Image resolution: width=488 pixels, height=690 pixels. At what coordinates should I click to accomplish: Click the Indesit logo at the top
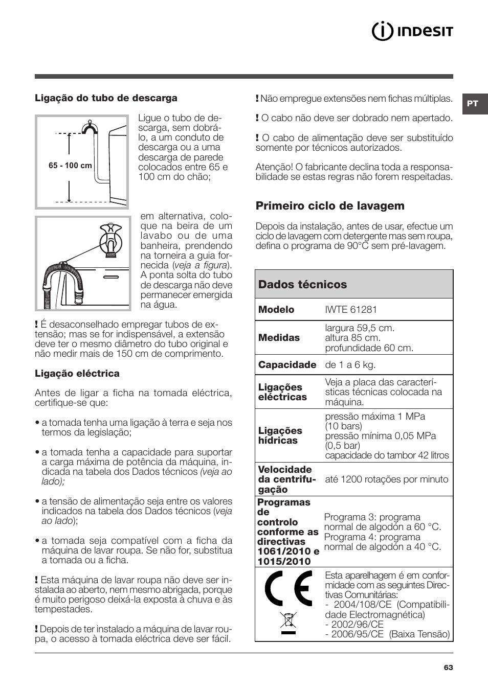(x=412, y=32)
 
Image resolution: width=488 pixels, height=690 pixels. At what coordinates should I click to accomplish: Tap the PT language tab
(x=473, y=103)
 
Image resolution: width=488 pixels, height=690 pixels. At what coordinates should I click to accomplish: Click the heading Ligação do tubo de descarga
(x=106, y=98)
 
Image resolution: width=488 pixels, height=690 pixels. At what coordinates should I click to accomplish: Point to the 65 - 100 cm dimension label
(x=70, y=166)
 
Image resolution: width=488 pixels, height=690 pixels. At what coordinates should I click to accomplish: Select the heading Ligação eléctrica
(x=77, y=373)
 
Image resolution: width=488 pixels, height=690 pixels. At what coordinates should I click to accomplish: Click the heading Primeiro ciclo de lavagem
(x=330, y=205)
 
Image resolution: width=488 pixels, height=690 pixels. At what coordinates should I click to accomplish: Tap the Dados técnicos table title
(x=302, y=284)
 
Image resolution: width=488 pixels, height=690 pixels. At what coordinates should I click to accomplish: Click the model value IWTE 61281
(x=351, y=309)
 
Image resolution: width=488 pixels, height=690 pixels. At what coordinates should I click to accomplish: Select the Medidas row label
(x=279, y=337)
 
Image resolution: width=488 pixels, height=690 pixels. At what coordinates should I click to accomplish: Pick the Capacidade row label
(x=287, y=364)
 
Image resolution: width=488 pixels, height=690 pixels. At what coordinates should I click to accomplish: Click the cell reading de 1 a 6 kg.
(x=350, y=364)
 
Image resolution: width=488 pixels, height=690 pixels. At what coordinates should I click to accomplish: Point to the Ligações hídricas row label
(x=280, y=435)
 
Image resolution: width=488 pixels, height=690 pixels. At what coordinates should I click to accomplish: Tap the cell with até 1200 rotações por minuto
(x=386, y=479)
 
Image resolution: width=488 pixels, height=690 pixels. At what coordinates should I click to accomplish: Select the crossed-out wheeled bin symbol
(x=289, y=622)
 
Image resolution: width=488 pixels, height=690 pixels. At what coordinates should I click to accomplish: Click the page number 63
(x=448, y=668)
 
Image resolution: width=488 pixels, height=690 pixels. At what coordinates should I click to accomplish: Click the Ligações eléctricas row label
(x=282, y=392)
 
